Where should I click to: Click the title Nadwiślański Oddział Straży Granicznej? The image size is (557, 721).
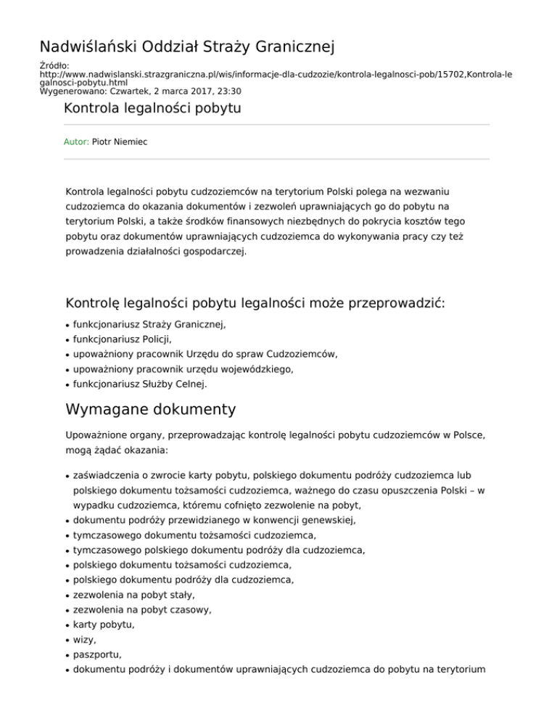(x=186, y=48)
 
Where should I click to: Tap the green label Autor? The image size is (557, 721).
(x=77, y=142)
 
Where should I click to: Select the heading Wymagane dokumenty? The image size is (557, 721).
(x=150, y=409)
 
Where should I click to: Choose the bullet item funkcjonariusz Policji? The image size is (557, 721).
(x=128, y=340)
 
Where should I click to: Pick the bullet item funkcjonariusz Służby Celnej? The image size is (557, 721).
(x=140, y=384)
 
